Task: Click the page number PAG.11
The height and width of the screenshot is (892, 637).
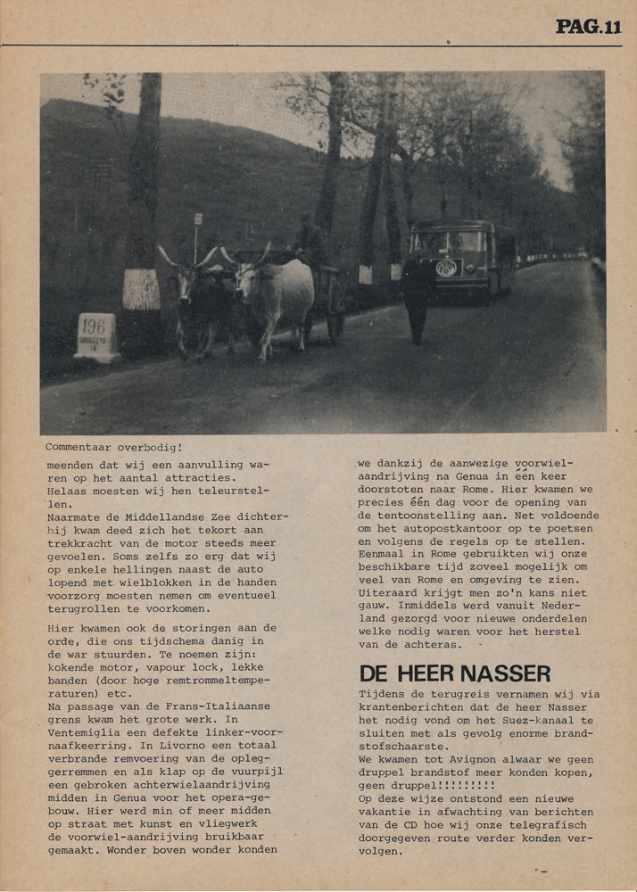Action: click(x=588, y=27)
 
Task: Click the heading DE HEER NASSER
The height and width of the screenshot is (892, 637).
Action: click(x=454, y=673)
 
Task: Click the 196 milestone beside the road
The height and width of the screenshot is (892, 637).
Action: click(x=97, y=336)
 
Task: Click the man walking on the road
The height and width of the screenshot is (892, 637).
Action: click(x=418, y=294)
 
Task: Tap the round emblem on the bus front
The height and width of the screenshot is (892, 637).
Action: click(x=446, y=268)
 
